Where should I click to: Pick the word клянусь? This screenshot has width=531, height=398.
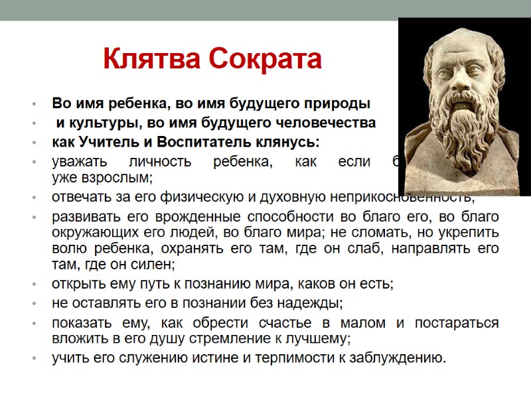tap(293, 143)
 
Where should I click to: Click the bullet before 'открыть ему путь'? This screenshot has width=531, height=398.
tap(33, 285)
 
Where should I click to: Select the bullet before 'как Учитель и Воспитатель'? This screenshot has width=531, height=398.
tap(33, 143)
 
